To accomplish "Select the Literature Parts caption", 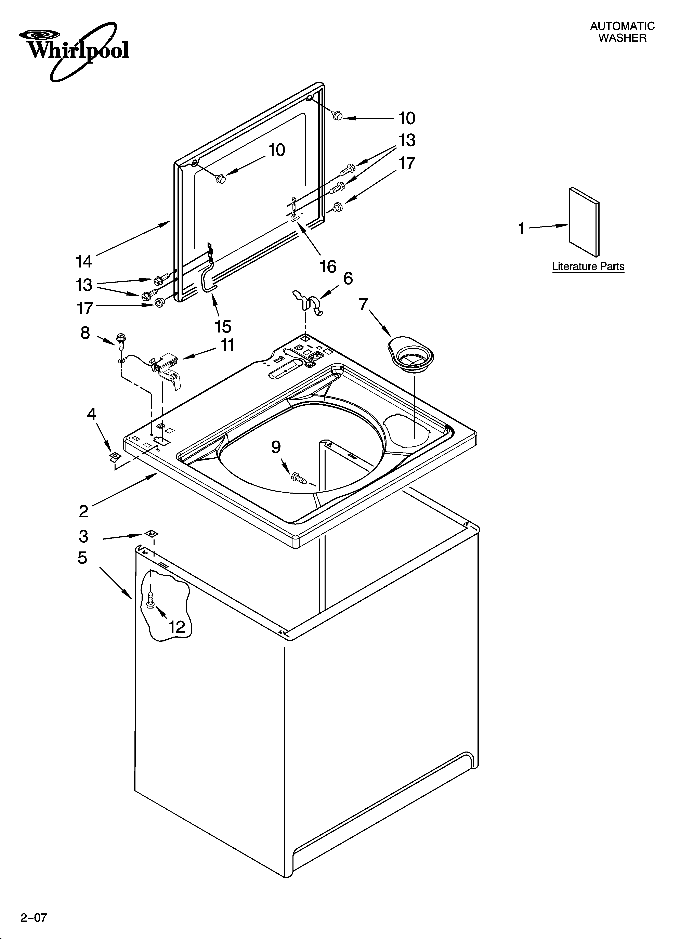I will click(x=588, y=267).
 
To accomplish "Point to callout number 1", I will click(x=522, y=228).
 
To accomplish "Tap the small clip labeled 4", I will click(x=114, y=457).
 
